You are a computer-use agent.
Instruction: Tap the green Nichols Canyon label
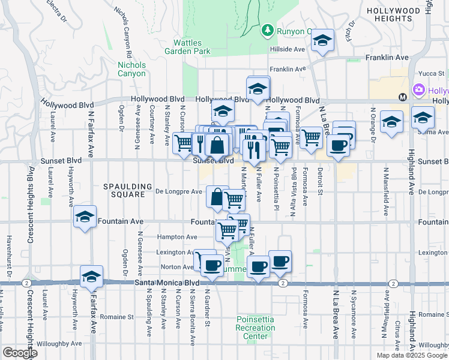point(131,69)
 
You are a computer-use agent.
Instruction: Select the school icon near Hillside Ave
point(323,40)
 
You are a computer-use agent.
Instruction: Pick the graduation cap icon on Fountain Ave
point(85,217)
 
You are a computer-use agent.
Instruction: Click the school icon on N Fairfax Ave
point(91,276)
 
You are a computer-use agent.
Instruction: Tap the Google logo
point(20,353)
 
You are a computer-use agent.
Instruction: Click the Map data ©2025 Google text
point(412,355)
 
